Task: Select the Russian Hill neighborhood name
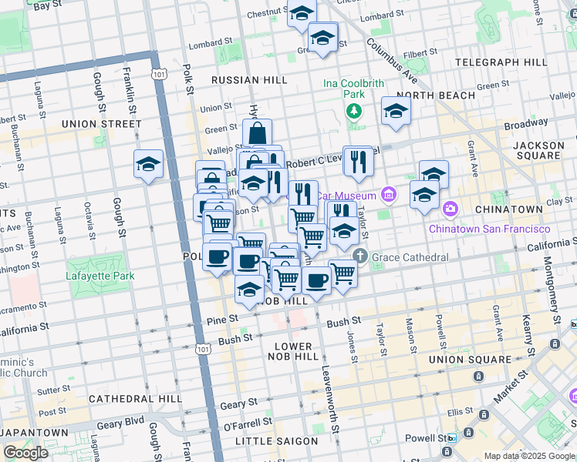[249, 80]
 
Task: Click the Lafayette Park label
[100, 276]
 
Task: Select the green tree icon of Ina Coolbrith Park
[354, 111]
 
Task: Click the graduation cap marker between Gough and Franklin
[148, 164]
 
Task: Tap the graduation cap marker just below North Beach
[396, 111]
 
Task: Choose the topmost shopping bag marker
[257, 133]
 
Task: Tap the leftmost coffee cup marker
[218, 256]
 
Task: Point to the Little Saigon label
[276, 441]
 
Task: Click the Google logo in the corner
[25, 453]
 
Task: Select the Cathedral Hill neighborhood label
[135, 399]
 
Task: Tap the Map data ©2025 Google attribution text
[528, 457]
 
